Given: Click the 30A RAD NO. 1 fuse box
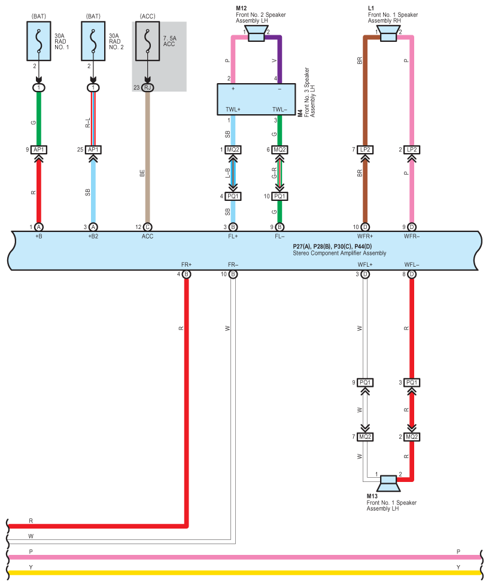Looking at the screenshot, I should pyautogui.click(x=39, y=41).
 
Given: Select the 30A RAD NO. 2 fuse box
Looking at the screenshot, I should pyautogui.click(x=93, y=41).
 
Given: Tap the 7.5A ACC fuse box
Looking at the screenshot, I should pyautogui.click(x=148, y=41).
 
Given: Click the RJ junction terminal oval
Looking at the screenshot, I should pyautogui.click(x=148, y=88).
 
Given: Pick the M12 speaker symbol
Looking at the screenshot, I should pyautogui.click(x=256, y=35).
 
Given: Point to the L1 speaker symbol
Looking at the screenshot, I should pyautogui.click(x=388, y=35).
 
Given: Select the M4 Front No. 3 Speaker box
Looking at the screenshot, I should pyautogui.click(x=256, y=99).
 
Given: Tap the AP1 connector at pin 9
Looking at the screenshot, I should pyautogui.click(x=39, y=150).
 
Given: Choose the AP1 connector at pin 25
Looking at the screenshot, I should pyautogui.click(x=93, y=150).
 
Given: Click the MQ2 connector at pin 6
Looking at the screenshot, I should pyautogui.click(x=280, y=150).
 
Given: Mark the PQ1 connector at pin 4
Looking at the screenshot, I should pyautogui.click(x=233, y=196).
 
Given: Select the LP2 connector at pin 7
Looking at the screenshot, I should pyautogui.click(x=365, y=150).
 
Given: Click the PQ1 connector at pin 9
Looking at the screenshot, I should pyautogui.click(x=365, y=382).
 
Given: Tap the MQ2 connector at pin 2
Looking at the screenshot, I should pyautogui.click(x=412, y=437).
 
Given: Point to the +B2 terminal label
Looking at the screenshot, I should pyautogui.click(x=93, y=236).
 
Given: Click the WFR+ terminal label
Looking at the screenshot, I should pyautogui.click(x=365, y=236).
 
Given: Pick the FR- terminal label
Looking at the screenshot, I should pyautogui.click(x=233, y=264).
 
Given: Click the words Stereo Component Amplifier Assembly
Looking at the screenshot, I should pyautogui.click(x=339, y=254).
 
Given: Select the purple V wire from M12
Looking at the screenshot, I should pyautogui.click(x=280, y=60).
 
